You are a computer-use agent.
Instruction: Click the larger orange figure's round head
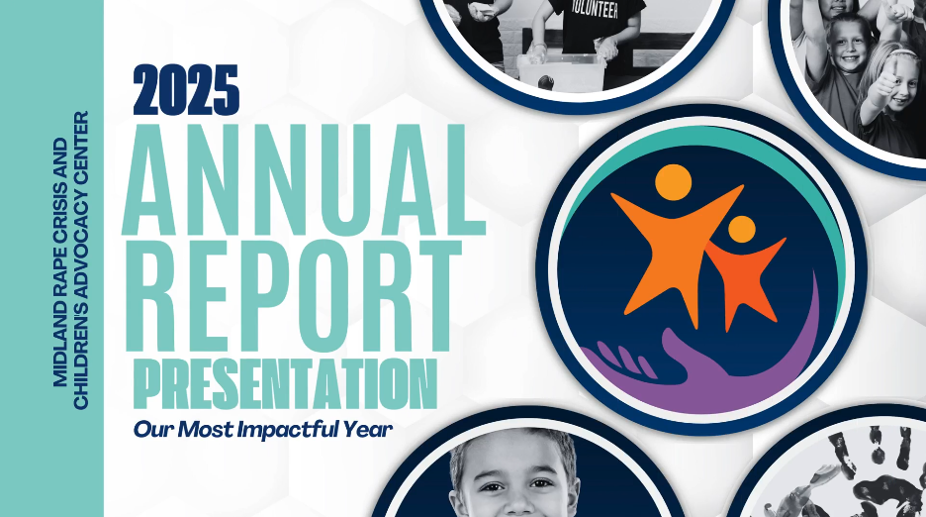[673, 182]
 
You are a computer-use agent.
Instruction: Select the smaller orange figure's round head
[742, 230]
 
